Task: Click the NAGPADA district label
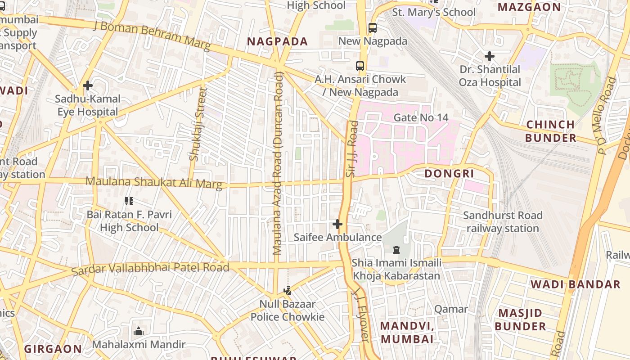[x=278, y=42]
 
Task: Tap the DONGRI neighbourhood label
[x=449, y=173]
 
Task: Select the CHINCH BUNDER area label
[x=550, y=131]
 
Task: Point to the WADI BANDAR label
[x=575, y=284]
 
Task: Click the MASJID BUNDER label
[x=520, y=319]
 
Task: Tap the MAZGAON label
[x=529, y=7]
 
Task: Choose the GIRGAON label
[x=53, y=349]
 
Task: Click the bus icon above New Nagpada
[x=373, y=28]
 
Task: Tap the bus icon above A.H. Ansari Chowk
[x=360, y=66]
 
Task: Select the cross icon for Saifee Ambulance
[x=337, y=224]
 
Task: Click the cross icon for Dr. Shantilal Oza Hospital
[x=490, y=57]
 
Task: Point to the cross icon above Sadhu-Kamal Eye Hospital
[x=88, y=85]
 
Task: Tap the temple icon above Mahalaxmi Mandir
[x=139, y=331]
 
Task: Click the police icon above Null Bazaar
[x=288, y=291]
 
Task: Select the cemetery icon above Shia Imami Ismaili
[x=396, y=249]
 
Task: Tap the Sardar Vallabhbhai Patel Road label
[x=150, y=269]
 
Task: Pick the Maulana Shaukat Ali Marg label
[x=154, y=182]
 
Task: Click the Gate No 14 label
[x=421, y=117]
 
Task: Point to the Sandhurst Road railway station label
[x=502, y=222]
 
